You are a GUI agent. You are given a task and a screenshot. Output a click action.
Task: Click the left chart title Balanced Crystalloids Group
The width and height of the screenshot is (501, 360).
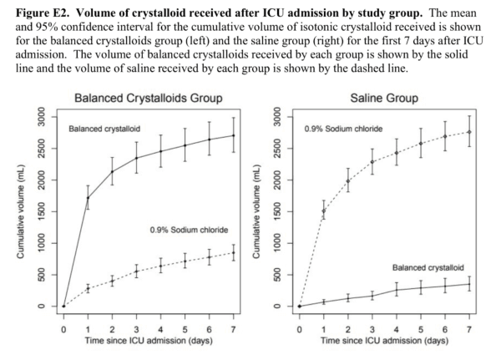(147, 98)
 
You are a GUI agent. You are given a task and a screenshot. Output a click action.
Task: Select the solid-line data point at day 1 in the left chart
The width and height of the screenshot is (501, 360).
(88, 198)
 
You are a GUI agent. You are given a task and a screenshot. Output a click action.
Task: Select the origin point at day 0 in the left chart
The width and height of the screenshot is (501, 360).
(63, 307)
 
